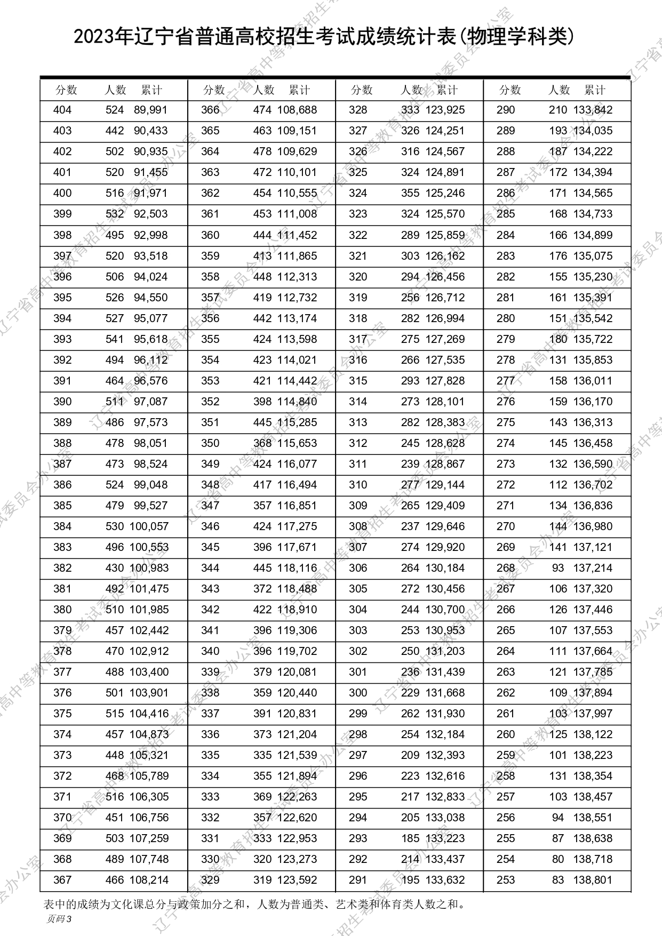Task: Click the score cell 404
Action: tap(62, 110)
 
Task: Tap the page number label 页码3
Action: tap(59, 918)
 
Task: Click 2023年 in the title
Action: tap(102, 37)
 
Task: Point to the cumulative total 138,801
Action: tap(593, 880)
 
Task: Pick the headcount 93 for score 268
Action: tap(558, 568)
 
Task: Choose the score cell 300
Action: tap(358, 693)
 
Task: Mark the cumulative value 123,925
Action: tap(445, 110)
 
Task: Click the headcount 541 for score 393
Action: tap(115, 339)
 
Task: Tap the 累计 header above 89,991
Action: tap(151, 90)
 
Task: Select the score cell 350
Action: tap(210, 443)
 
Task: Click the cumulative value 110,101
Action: tap(297, 173)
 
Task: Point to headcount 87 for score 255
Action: tap(558, 838)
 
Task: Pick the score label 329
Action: tap(210, 880)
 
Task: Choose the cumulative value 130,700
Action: tap(445, 610)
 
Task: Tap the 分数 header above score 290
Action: tap(509, 90)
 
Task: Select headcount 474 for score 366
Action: tap(262, 110)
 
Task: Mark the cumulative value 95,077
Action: tap(150, 318)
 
